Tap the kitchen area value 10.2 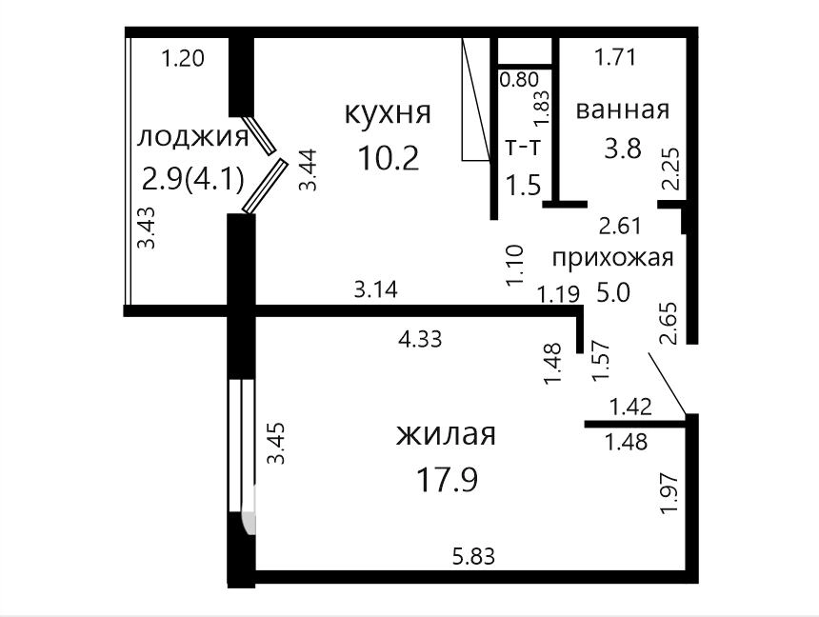point(389,158)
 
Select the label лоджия point(192,138)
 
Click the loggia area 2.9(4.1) point(193,180)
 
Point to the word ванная point(623,110)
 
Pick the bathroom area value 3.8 point(623,149)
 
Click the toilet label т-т point(522,148)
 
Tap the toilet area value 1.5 point(524,185)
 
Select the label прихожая point(612,258)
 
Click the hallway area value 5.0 point(613,292)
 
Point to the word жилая point(446,435)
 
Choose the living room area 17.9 point(447,480)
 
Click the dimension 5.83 point(473,556)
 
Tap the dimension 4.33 point(420,339)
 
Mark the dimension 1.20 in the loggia point(182,57)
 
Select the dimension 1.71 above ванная point(616,56)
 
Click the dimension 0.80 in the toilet point(519,80)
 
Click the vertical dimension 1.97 point(669,493)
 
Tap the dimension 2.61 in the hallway point(620,227)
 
